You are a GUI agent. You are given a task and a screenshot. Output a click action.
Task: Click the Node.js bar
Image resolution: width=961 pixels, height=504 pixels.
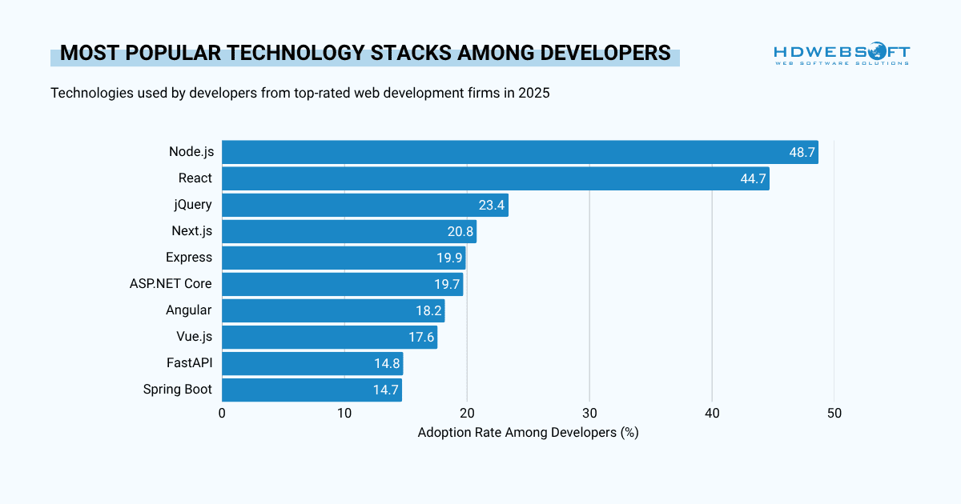tap(520, 152)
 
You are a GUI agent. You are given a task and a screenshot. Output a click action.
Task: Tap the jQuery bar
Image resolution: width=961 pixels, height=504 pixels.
tap(364, 205)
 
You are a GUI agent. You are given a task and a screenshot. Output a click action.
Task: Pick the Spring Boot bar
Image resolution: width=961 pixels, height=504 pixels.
tap(312, 390)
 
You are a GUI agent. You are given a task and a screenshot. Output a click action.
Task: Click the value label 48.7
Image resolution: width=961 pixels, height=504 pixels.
tap(802, 152)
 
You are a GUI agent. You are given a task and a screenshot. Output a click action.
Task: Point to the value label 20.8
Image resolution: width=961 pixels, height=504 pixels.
tap(460, 231)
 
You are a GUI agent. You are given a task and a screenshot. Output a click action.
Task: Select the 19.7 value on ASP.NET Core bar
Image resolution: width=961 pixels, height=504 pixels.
tap(447, 284)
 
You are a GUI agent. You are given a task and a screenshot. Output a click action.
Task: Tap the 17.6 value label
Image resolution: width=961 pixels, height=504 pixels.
tap(421, 337)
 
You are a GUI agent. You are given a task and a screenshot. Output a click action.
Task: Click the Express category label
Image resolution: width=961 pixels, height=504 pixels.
tap(189, 258)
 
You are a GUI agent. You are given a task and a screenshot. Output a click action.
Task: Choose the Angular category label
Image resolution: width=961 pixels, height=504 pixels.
tap(189, 310)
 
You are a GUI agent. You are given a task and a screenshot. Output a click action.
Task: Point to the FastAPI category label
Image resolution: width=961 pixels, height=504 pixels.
tap(189, 363)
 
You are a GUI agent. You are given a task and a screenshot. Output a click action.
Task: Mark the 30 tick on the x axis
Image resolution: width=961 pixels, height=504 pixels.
tap(589, 413)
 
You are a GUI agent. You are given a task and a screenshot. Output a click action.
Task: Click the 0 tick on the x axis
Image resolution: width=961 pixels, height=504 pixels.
tap(222, 413)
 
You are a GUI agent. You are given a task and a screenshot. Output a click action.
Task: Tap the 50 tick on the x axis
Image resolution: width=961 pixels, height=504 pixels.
tap(834, 413)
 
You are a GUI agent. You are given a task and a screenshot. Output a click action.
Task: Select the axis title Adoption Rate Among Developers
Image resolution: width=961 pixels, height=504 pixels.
tap(528, 432)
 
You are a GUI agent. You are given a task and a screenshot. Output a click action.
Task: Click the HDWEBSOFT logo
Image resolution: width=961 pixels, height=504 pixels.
tap(842, 54)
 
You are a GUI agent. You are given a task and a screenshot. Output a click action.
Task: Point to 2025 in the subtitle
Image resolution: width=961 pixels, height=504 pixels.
tap(534, 93)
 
